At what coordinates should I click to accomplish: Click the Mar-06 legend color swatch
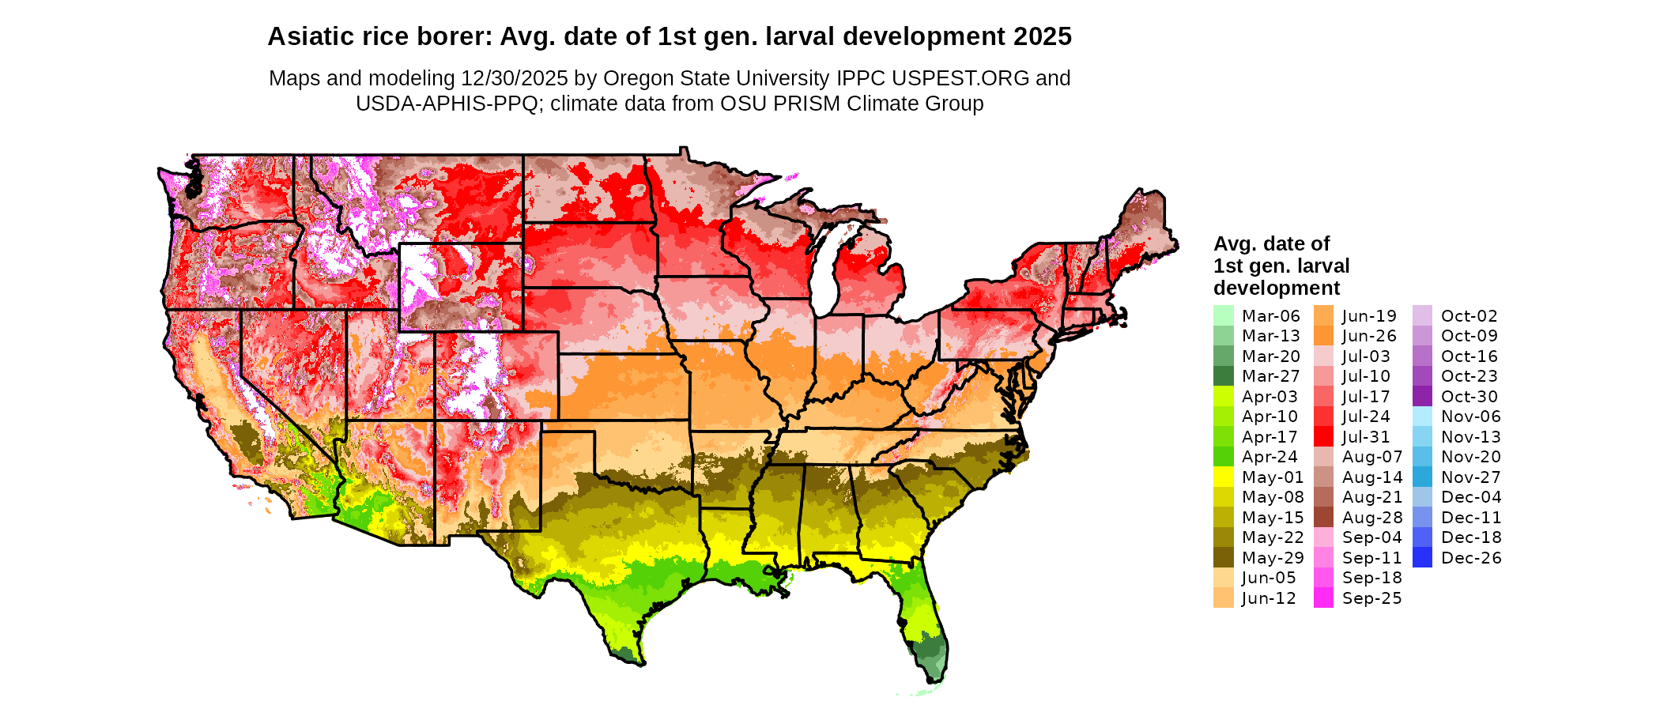(x=1223, y=315)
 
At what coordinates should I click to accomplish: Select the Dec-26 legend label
(x=1470, y=558)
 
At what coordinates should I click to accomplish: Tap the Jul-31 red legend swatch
(x=1323, y=436)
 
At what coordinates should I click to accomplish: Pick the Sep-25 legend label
(x=1371, y=598)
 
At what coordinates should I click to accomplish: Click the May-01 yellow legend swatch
(x=1223, y=477)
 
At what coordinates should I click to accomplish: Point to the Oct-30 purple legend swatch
(x=1422, y=396)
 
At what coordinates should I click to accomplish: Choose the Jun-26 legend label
(x=1369, y=336)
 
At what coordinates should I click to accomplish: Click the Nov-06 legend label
(x=1470, y=417)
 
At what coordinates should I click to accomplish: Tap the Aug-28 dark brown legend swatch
(x=1323, y=517)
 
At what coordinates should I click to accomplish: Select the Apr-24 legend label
(x=1270, y=457)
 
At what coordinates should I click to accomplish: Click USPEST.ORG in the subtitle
(x=960, y=78)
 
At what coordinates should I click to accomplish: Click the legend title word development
(x=1277, y=288)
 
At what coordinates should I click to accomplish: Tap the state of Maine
(x=1143, y=225)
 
